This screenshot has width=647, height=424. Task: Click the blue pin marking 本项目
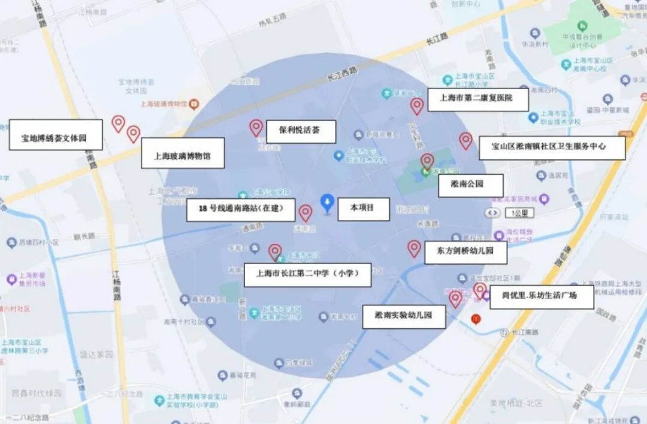(x=327, y=202)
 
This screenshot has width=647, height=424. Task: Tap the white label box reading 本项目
(x=363, y=208)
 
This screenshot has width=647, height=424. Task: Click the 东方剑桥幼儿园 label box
(x=465, y=252)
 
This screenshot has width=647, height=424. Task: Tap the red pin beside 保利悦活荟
(x=256, y=127)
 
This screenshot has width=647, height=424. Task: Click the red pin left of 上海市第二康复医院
(x=417, y=106)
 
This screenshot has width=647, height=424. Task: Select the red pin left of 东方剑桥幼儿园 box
(x=414, y=248)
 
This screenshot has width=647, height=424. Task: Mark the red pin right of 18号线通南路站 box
(x=306, y=213)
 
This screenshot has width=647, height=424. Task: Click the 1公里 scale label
(x=518, y=213)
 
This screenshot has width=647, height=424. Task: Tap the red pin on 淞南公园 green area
(x=427, y=161)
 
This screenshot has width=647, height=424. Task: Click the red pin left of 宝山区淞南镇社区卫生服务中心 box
(x=465, y=140)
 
